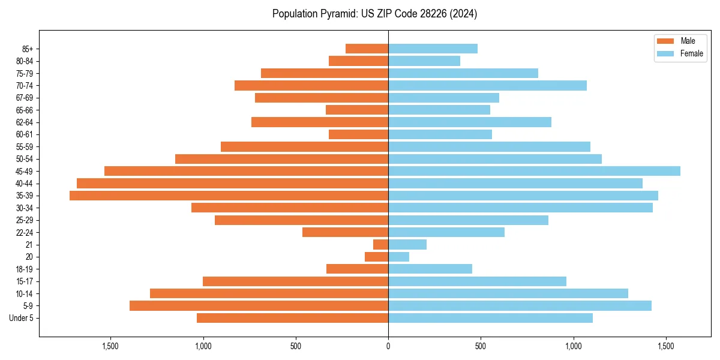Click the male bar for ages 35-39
tap(228, 196)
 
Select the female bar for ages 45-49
tap(534, 171)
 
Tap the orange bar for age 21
tap(380, 245)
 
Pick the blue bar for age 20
tap(398, 257)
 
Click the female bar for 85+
tap(433, 49)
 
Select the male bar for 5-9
tap(258, 306)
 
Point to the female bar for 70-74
tap(487, 86)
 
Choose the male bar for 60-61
tap(358, 134)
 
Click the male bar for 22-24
tap(345, 232)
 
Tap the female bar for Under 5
tap(490, 318)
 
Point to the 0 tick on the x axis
tap(388, 346)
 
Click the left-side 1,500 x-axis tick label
tap(110, 346)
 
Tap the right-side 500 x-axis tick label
tap(481, 346)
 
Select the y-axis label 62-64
tap(25, 122)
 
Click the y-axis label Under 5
tap(21, 318)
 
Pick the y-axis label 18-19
tap(25, 269)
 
